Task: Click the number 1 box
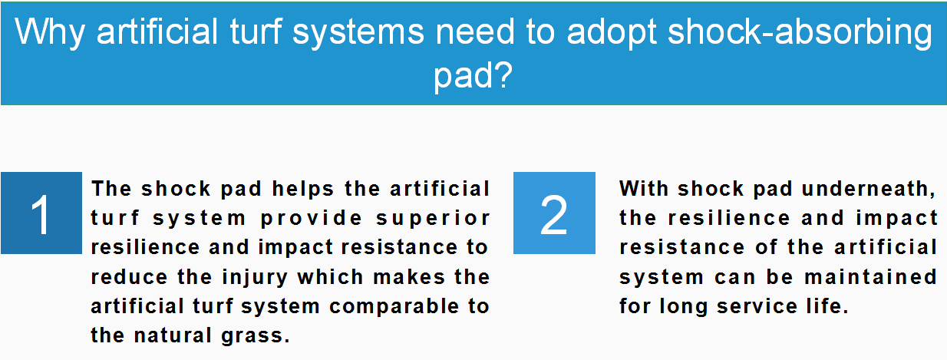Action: [x=41, y=213]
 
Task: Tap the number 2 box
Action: [x=554, y=213]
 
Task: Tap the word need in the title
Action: [x=475, y=31]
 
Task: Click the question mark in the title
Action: [x=503, y=74]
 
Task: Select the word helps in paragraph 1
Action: [x=303, y=189]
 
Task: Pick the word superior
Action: [x=433, y=219]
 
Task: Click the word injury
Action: [x=255, y=278]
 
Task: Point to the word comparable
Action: [x=394, y=307]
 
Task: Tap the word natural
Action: [x=173, y=335]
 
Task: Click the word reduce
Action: [x=130, y=277]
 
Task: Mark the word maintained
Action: [x=870, y=277]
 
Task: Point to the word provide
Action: [x=311, y=219]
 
